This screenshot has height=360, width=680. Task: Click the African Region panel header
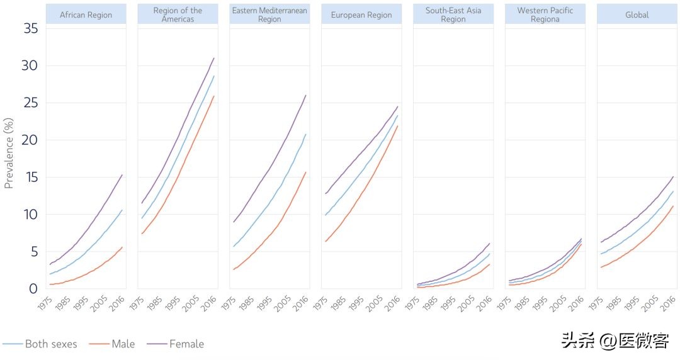[x=86, y=14]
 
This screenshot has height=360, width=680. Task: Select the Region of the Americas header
[x=178, y=14]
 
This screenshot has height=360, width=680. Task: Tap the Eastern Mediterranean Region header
[x=269, y=14]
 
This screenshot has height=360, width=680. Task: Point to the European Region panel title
[x=361, y=14]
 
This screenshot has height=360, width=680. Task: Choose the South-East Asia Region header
[x=453, y=14]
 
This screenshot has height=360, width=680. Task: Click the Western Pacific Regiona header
[x=545, y=14]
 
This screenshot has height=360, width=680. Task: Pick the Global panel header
[x=637, y=14]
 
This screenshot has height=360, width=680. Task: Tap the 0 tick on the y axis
[x=33, y=289]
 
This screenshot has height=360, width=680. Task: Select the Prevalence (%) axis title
[x=9, y=152]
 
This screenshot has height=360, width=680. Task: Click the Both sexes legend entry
[x=50, y=344]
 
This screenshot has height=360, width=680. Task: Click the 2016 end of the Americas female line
[x=214, y=58]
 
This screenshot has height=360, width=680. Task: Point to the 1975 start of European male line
[x=325, y=241]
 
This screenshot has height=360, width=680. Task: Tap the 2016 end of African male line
[x=122, y=247]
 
